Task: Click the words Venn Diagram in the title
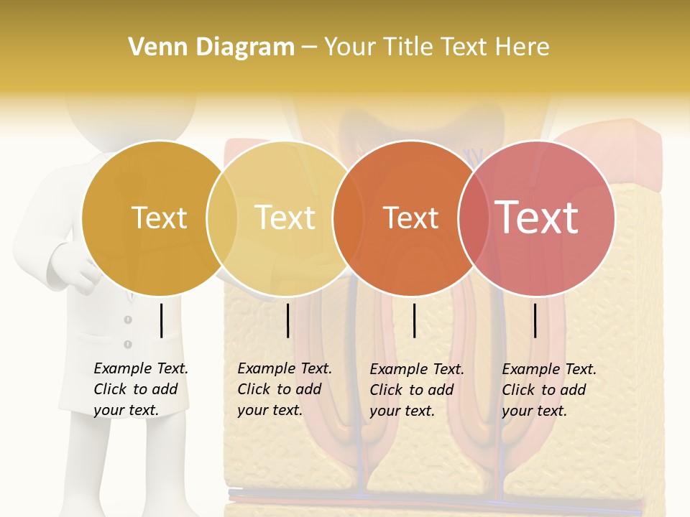pyautogui.click(x=211, y=47)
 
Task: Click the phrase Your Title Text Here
pyautogui.click(x=436, y=47)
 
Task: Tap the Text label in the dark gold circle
pyautogui.click(x=159, y=218)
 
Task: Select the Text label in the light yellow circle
pyautogui.click(x=285, y=218)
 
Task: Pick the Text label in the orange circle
pyautogui.click(x=410, y=218)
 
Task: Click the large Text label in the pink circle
pyautogui.click(x=537, y=218)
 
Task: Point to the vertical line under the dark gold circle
pyautogui.click(x=161, y=320)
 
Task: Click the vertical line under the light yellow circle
pyautogui.click(x=287, y=320)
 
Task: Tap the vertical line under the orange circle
pyautogui.click(x=414, y=320)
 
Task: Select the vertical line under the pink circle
pyautogui.click(x=535, y=320)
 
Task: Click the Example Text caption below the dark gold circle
pyautogui.click(x=140, y=389)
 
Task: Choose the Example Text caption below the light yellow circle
pyautogui.click(x=284, y=389)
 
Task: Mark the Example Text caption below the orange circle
pyautogui.click(x=416, y=390)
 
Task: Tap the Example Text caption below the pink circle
pyautogui.click(x=548, y=390)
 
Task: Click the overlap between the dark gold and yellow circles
pyautogui.click(x=222, y=218)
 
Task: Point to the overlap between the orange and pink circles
pyautogui.click(x=474, y=218)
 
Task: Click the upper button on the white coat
pyautogui.click(x=128, y=320)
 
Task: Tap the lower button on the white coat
pyautogui.click(x=128, y=345)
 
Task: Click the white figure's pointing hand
pyautogui.click(x=79, y=270)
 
